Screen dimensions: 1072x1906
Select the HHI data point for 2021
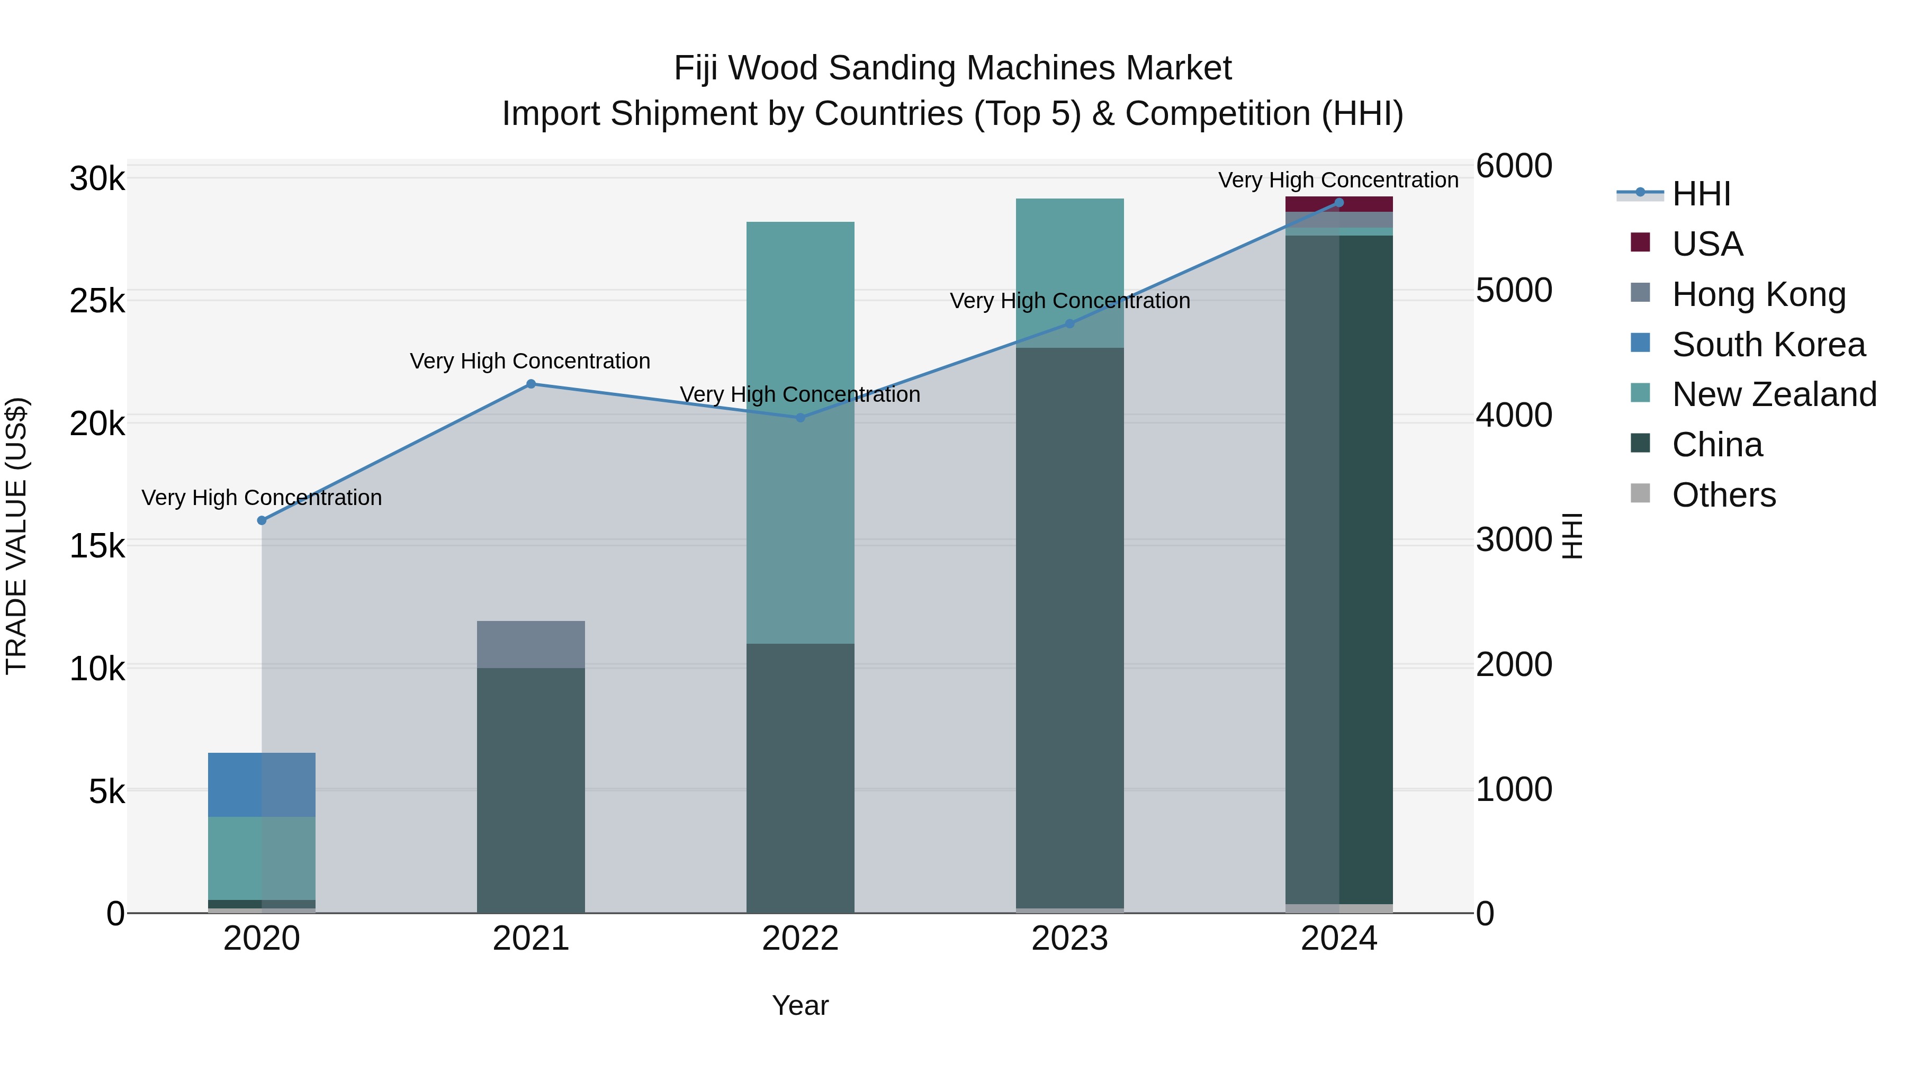[531, 384]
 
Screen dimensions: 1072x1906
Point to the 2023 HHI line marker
[1069, 324]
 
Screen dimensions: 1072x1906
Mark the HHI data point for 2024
[1338, 203]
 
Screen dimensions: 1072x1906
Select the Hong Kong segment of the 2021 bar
[531, 644]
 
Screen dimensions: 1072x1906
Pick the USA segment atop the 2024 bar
[1338, 204]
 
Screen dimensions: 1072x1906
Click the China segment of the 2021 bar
[531, 790]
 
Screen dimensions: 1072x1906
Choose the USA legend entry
[1707, 244]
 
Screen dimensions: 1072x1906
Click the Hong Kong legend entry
[1758, 294]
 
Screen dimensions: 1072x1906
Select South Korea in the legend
[1768, 345]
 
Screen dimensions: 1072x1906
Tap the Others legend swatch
[1640, 494]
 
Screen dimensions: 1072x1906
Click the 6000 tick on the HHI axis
[1514, 166]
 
